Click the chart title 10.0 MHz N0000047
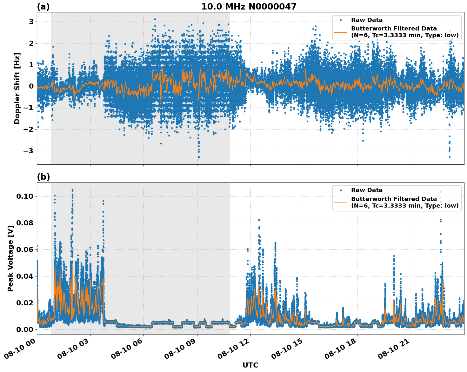[249, 7]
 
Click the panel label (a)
[43, 7]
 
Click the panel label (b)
[43, 177]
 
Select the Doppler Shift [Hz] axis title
[17, 88]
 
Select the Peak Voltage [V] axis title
[10, 258]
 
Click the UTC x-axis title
[250, 365]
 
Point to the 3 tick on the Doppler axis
[31, 22]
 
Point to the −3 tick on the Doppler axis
[29, 151]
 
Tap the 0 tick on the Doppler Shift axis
[31, 86]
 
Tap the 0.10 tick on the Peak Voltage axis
[25, 196]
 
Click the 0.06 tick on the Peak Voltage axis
[25, 249]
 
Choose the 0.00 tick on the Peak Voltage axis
[25, 329]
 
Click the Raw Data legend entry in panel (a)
[367, 20]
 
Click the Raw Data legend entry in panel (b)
[367, 190]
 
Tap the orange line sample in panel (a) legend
[341, 32]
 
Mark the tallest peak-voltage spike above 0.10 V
[72, 190]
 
